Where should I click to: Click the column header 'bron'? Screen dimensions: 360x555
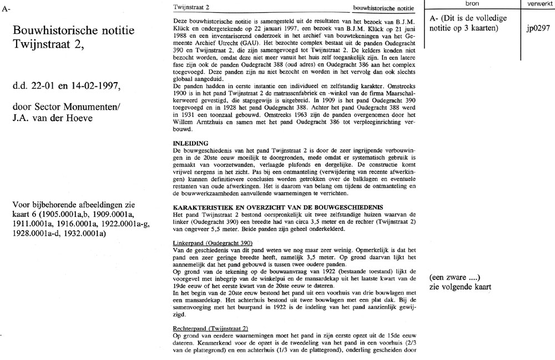pos(473,4)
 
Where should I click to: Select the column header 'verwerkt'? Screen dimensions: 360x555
pos(537,4)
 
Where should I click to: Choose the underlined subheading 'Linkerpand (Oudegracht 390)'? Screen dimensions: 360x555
pos(213,243)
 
